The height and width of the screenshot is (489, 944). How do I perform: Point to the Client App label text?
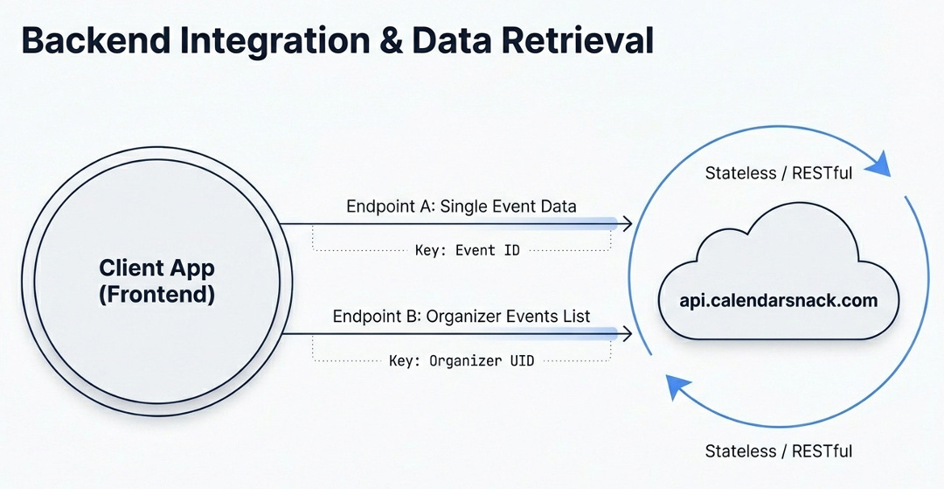click(156, 268)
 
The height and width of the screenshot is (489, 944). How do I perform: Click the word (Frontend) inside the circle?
click(156, 294)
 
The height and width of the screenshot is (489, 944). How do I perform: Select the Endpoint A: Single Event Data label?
click(462, 206)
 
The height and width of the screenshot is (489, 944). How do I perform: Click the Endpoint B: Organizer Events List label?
click(462, 316)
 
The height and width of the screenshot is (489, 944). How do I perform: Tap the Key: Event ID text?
click(467, 250)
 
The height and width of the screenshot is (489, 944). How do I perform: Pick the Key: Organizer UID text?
click(462, 360)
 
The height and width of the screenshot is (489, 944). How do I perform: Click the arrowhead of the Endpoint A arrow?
click(627, 224)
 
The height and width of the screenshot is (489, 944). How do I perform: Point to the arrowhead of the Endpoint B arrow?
click(627, 333)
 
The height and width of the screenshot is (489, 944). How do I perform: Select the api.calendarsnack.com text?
click(779, 300)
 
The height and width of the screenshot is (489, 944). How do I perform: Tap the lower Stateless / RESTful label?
click(778, 451)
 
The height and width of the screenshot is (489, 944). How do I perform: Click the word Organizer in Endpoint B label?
click(466, 316)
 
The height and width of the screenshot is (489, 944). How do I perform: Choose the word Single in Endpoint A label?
click(466, 206)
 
